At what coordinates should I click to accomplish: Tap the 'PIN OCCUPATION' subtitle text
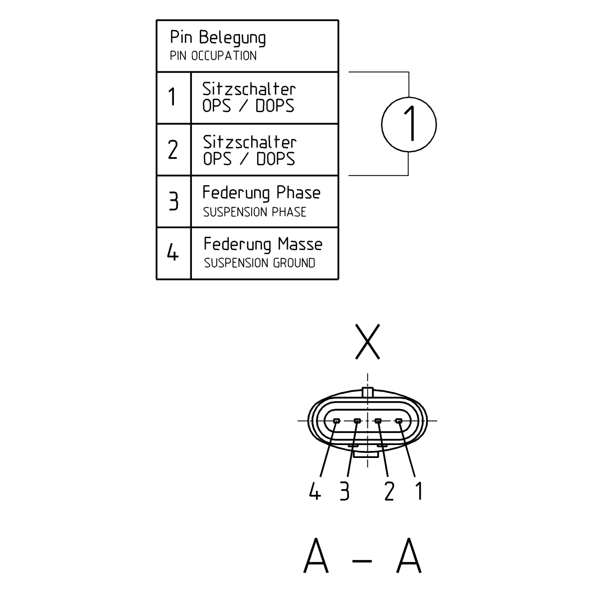coord(213,56)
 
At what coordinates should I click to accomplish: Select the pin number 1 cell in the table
coord(172,97)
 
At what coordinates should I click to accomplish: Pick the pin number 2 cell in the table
coord(172,149)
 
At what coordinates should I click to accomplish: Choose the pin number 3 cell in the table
coord(172,201)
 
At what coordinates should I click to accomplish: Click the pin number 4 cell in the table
coord(172,254)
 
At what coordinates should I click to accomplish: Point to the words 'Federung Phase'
coord(261,193)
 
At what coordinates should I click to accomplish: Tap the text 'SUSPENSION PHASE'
coord(254,212)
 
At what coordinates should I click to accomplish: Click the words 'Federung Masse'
coord(263,244)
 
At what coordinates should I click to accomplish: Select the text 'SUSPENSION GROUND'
coord(259,263)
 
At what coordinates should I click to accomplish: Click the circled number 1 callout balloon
coord(409,124)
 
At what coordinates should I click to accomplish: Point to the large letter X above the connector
coord(367,341)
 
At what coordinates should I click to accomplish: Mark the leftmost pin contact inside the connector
coord(336,422)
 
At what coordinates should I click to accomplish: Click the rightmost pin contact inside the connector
coord(399,422)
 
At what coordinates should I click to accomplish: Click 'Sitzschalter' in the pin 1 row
coord(249,89)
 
